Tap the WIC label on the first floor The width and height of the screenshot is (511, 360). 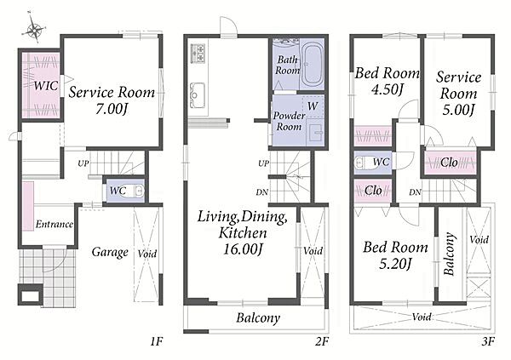coord(46,86)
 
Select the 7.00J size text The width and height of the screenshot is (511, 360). coord(111,108)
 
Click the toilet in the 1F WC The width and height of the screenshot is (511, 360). coord(135,191)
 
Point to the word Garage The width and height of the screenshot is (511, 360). coord(110,252)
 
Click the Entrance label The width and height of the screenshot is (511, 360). coord(55,224)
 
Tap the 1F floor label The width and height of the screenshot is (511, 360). coord(157,341)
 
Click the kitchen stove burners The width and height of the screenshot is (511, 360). coord(198,53)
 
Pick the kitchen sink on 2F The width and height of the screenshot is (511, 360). coord(198,94)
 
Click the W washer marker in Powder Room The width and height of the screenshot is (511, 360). coord(313,106)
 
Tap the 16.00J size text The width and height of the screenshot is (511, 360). coord(243,249)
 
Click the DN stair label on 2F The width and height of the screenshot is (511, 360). coord(262,192)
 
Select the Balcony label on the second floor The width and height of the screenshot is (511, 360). coord(258,317)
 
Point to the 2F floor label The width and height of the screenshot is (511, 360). coord(322,341)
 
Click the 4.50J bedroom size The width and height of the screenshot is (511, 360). coord(388,89)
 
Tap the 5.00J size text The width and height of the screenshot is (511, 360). coord(458,109)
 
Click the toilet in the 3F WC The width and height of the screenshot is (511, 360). coord(361,163)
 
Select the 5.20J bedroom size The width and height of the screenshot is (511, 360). coord(395,263)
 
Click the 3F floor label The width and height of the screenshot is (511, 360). coord(488,341)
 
